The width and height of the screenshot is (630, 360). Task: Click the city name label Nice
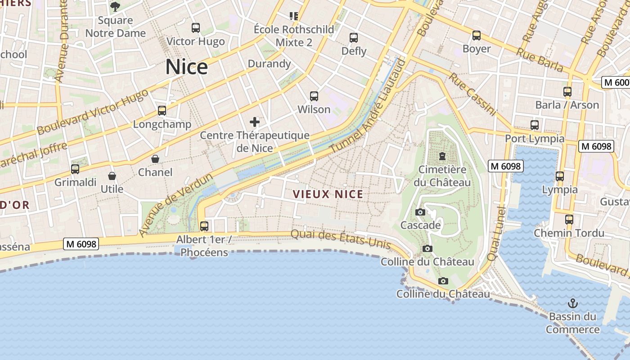coord(186,67)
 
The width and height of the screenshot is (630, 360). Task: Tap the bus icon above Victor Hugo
coord(196,28)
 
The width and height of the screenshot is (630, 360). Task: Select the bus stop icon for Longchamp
coord(162,110)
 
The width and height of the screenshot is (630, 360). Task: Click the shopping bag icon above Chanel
coord(155,159)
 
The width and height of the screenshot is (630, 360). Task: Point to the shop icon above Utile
coord(112,175)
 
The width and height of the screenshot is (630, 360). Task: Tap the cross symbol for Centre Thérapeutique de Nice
coord(255,121)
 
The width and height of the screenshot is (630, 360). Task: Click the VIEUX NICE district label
coord(328,194)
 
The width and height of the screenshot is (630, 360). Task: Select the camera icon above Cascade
coord(420,212)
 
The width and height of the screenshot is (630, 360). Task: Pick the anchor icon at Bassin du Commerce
coord(573,303)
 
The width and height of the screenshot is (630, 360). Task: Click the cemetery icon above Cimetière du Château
coord(442,156)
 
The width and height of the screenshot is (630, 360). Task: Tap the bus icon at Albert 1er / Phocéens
coord(204,226)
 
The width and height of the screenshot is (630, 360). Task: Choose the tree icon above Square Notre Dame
coord(115,7)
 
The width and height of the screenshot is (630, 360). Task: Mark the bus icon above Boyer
coord(477,35)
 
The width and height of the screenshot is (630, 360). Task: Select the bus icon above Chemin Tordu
coord(569,220)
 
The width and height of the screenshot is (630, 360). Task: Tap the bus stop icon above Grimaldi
coord(75,169)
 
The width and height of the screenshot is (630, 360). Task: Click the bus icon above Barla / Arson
coord(567,92)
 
